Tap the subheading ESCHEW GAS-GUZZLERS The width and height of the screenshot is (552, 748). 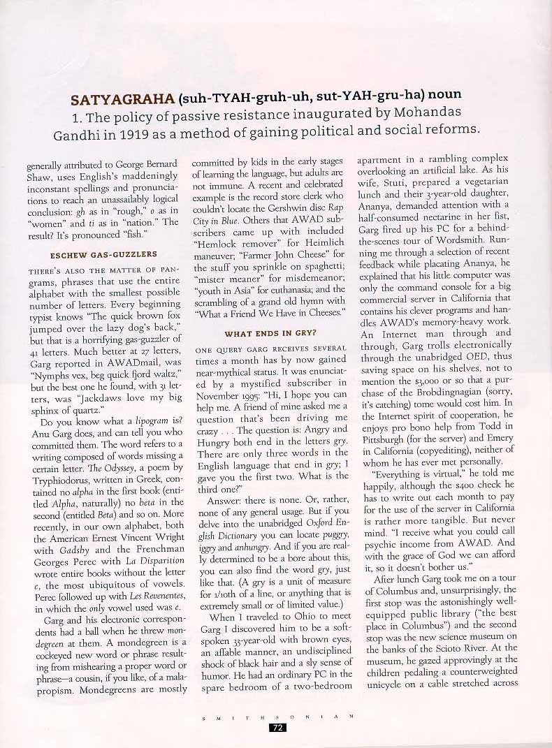click(103, 254)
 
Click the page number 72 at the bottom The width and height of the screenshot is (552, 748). click(277, 727)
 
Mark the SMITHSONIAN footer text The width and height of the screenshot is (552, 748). click(277, 715)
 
